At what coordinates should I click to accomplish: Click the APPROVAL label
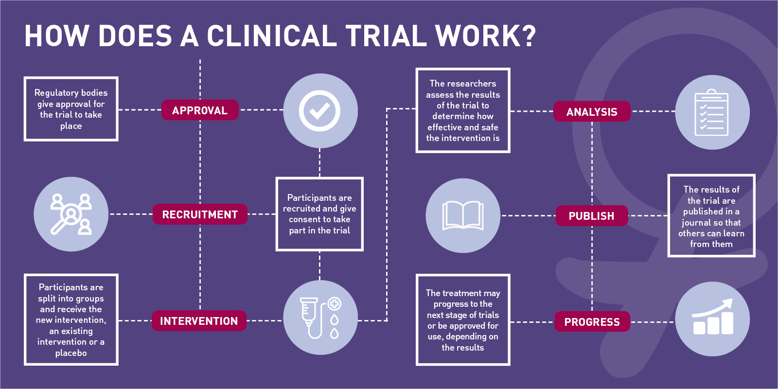(x=200, y=110)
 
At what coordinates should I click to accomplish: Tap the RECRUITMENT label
(x=200, y=214)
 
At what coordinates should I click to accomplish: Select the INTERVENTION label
(x=199, y=321)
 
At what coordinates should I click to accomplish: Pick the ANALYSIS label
(x=592, y=112)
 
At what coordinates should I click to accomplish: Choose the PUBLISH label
(x=591, y=216)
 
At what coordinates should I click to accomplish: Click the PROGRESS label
(x=592, y=322)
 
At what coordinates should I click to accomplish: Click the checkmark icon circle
(x=320, y=111)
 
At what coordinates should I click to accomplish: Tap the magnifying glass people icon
(x=71, y=214)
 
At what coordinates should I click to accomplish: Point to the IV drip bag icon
(x=320, y=317)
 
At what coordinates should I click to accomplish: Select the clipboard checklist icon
(x=712, y=112)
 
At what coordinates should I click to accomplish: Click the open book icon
(x=463, y=215)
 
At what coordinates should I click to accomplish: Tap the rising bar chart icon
(x=712, y=318)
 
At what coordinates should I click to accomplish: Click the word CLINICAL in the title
(x=272, y=36)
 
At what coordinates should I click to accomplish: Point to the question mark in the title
(x=527, y=36)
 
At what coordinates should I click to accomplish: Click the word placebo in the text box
(x=71, y=353)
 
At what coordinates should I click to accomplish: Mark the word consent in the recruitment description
(x=304, y=219)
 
